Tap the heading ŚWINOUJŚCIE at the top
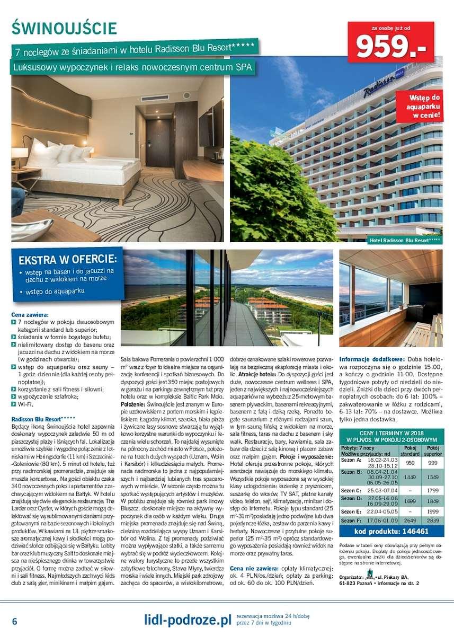pos(65,28)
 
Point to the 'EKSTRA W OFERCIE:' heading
pos(67,260)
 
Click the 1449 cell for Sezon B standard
pos(410,478)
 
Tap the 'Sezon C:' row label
pos(352,491)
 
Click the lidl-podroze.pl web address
pos(188,620)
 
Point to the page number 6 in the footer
pos(15,621)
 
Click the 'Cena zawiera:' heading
pos(30,315)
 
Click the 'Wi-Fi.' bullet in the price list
pos(25,404)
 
